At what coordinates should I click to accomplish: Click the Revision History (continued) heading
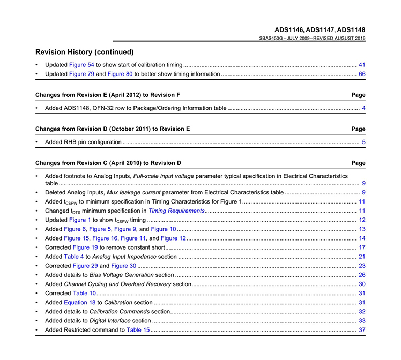[84, 52]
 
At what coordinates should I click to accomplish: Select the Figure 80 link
[120, 74]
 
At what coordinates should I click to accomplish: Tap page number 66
[362, 74]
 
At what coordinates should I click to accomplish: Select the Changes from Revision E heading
[107, 95]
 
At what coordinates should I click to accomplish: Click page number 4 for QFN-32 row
[363, 108]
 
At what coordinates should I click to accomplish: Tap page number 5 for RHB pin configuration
[363, 142]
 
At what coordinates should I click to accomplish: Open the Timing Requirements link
[176, 211]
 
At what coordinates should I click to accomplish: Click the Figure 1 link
[80, 220]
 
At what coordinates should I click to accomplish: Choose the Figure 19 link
[85, 247]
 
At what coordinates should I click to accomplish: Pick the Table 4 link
[73, 257]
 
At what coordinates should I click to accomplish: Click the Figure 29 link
[85, 266]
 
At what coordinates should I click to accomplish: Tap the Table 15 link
[138, 330]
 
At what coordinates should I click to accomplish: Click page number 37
[362, 330]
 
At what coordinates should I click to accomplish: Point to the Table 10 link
[84, 293]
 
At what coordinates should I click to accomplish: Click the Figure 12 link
[173, 238]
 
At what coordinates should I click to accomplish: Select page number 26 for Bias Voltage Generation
[362, 275]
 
